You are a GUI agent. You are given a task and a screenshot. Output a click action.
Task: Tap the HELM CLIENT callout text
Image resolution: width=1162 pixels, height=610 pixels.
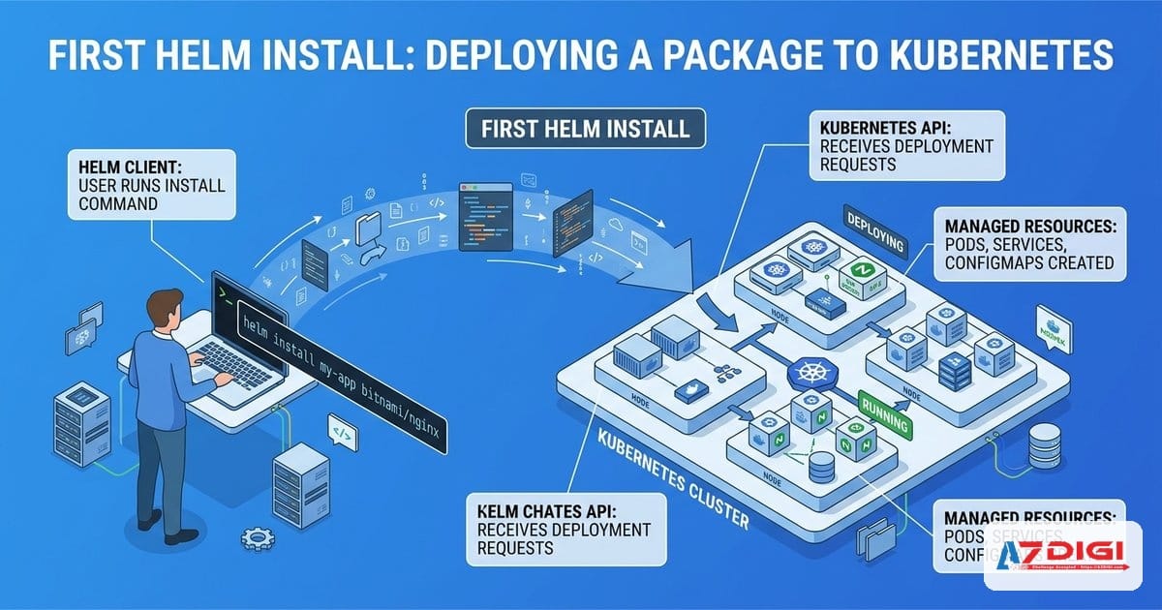tap(151, 181)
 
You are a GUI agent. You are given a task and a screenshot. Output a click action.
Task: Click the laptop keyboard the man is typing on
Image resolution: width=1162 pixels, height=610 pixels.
tap(229, 363)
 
